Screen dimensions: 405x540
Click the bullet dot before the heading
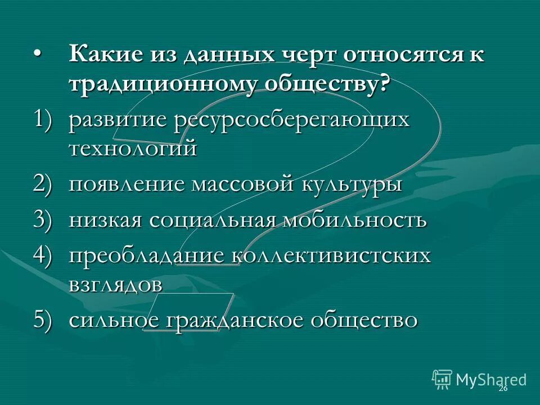(37, 52)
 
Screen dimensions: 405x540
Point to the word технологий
(133, 150)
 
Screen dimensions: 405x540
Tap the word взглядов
(116, 283)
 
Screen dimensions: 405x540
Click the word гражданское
(237, 319)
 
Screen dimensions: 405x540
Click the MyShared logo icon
(442, 380)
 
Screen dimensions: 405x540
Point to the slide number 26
(503, 388)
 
